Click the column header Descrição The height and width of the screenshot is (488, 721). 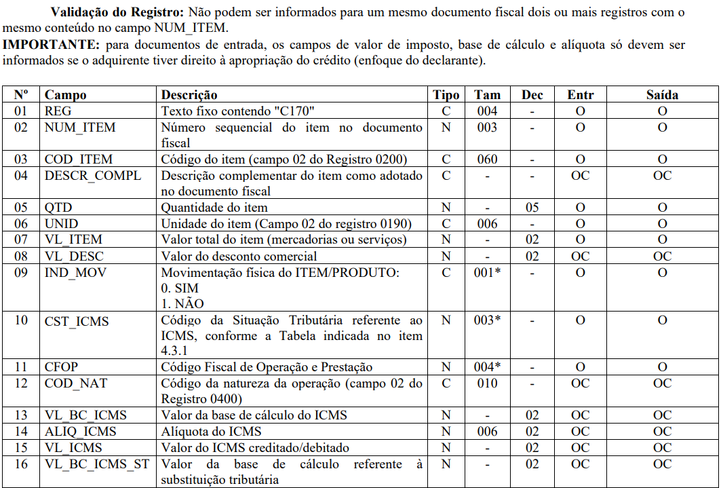[x=189, y=95]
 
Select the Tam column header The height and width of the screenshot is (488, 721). [x=487, y=95]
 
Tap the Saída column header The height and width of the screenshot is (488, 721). [x=661, y=95]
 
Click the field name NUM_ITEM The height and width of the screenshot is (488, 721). [x=80, y=128]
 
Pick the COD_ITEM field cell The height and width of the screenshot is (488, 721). [x=79, y=159]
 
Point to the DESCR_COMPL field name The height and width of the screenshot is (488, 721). [x=93, y=176]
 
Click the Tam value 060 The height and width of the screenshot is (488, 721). [x=487, y=159]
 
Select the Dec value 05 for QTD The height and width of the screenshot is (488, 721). [x=532, y=208]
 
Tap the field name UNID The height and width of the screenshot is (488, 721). [x=62, y=224]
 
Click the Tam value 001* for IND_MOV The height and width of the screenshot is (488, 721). [x=488, y=272]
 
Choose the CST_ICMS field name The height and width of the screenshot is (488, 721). [x=77, y=320]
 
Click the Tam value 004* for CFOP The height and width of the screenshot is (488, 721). [x=488, y=367]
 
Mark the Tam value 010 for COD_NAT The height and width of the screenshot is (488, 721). [x=487, y=383]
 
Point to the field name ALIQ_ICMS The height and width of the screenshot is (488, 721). [x=81, y=432]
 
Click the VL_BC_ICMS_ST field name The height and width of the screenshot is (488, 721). [x=96, y=464]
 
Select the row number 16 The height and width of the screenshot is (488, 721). [x=21, y=464]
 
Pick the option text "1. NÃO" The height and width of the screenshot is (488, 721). [x=182, y=303]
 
